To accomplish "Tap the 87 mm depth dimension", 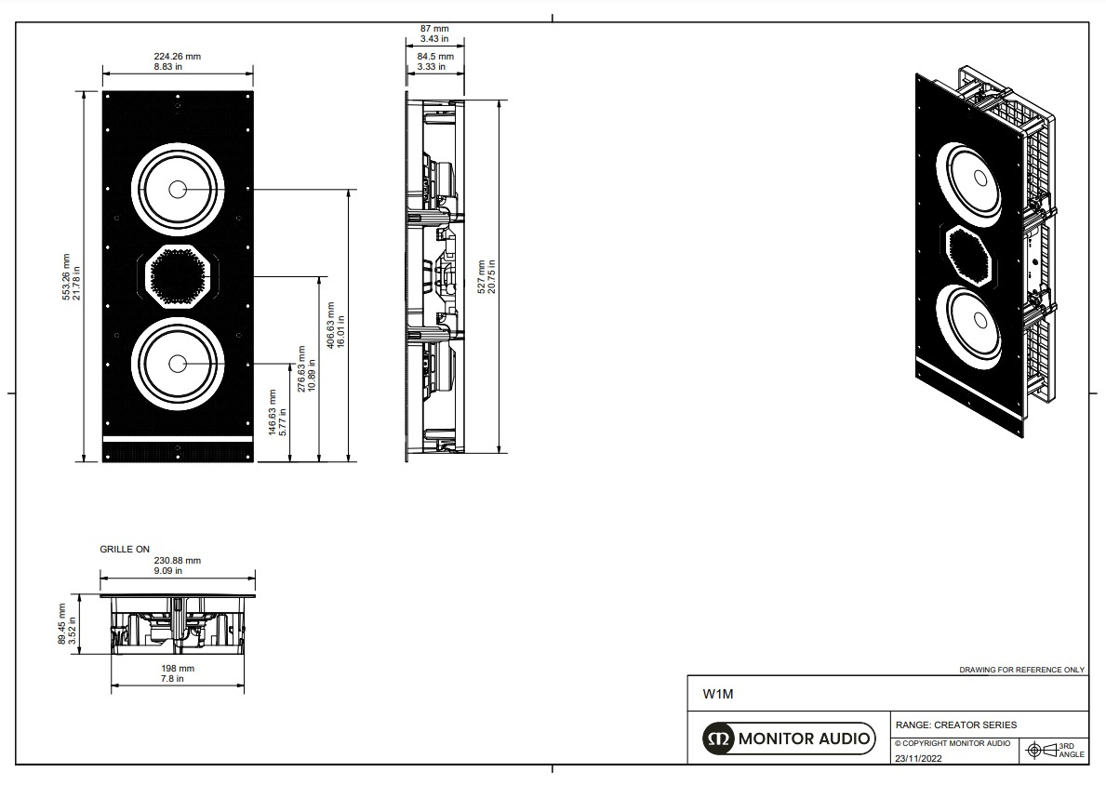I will [x=433, y=34].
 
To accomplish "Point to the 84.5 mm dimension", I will [x=433, y=60].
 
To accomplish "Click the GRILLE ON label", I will [x=125, y=550].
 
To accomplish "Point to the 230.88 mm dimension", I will [x=177, y=565].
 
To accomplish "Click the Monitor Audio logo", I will [x=789, y=739].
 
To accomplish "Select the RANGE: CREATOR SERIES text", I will [x=955, y=725].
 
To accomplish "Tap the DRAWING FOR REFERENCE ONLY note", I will [x=1021, y=670].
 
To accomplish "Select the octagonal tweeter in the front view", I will [x=177, y=276].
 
